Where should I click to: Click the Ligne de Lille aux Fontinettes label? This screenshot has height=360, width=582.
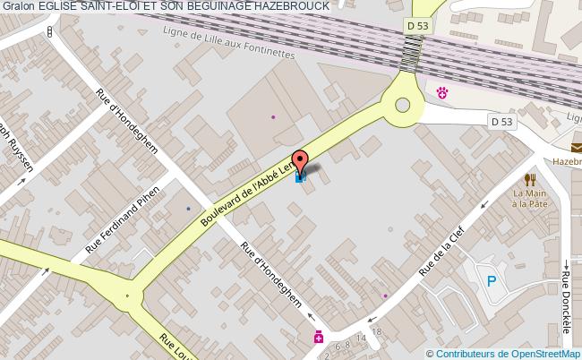coord(229,41)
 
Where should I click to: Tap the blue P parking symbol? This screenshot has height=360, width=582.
coord(491,280)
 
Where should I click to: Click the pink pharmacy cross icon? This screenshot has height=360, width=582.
coord(318,338)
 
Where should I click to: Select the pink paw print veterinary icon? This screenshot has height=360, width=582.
coord(441,91)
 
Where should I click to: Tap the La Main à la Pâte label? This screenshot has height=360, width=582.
coord(530,198)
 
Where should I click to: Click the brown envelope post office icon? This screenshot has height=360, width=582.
coord(576,148)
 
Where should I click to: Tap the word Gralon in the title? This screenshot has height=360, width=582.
coord(17,6)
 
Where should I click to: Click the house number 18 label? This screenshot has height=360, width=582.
coord(377,332)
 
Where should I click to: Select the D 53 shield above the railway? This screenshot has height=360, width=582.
coord(417,26)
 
